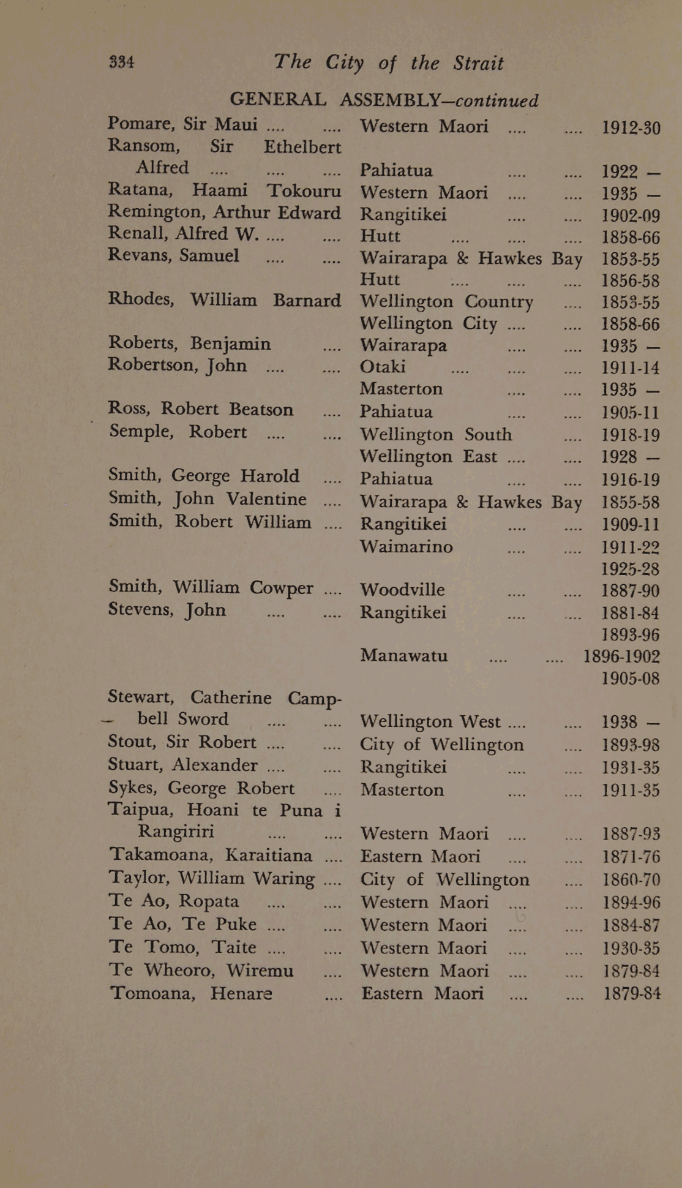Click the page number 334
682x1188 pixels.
[121, 61]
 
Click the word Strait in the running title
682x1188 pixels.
[478, 63]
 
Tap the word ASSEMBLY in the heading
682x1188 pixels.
[390, 99]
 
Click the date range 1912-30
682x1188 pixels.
[631, 128]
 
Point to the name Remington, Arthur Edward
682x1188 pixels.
[224, 212]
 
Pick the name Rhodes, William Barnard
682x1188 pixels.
[224, 300]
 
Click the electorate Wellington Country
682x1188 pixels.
[446, 302]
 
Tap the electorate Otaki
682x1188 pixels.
[383, 367]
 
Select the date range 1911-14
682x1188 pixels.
[631, 368]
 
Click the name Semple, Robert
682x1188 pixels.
[178, 432]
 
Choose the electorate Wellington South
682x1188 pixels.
[436, 435]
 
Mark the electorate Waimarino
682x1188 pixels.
[407, 546]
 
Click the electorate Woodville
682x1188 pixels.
[402, 590]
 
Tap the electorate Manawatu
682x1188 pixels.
[404, 656]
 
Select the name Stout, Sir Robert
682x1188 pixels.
[182, 742]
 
